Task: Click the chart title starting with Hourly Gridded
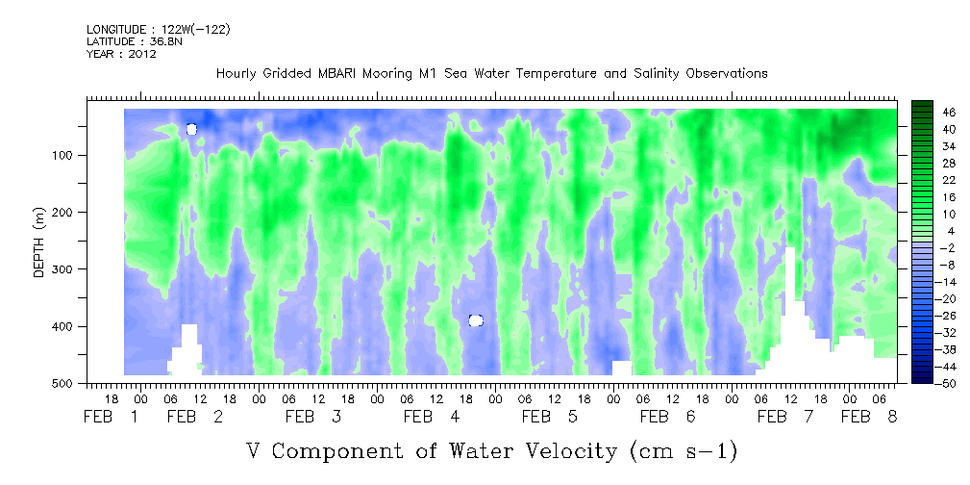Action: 491,73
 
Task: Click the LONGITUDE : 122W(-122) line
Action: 158,30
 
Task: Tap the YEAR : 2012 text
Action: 121,54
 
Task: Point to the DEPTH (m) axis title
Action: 39,245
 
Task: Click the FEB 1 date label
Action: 112,417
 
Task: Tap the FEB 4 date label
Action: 431,417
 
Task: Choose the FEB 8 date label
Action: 869,417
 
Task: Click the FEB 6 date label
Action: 667,417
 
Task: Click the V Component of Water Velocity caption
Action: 491,450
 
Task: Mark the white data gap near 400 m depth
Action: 475,320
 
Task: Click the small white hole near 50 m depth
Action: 191,129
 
